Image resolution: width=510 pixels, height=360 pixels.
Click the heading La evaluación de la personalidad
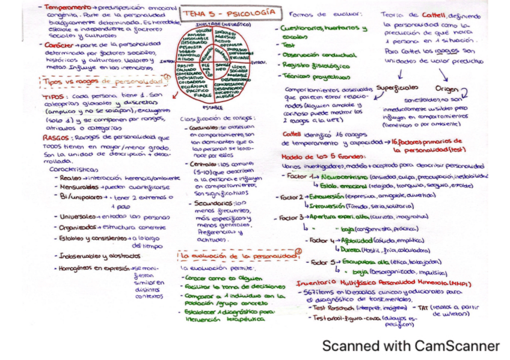coord(238,256)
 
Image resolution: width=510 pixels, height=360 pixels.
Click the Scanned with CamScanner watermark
coord(410,346)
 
